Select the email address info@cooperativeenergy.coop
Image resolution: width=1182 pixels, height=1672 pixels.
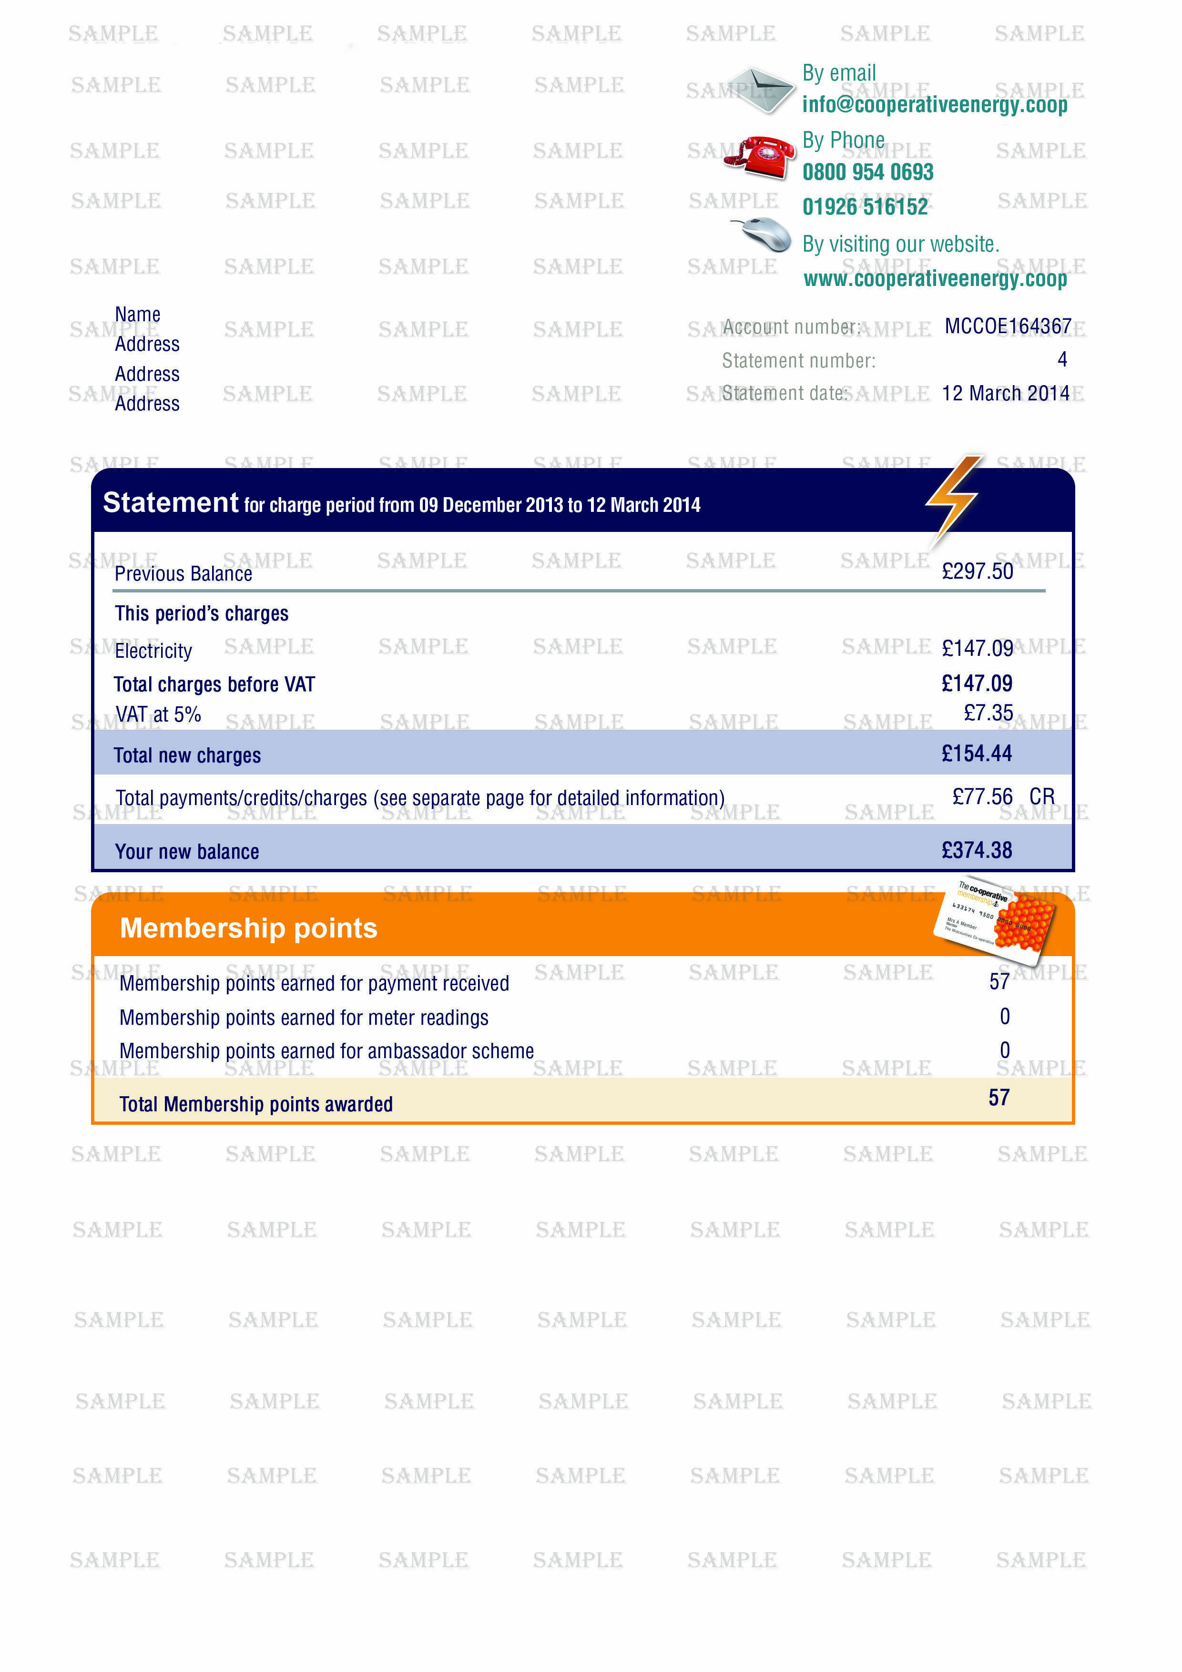(934, 105)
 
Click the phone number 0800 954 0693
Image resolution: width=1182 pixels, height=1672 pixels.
(867, 173)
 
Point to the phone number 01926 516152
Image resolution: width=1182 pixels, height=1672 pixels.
(865, 207)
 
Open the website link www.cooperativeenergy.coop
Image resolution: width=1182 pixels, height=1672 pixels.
(935, 279)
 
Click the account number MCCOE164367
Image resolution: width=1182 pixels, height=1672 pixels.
(1007, 326)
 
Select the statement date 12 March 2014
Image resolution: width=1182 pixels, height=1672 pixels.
(1005, 393)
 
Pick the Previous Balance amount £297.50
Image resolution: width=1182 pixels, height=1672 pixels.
(977, 571)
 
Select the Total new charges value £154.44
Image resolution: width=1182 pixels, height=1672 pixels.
(976, 754)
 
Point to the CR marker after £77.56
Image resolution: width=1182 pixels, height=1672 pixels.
(1041, 796)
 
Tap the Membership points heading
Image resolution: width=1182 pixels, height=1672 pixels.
(248, 928)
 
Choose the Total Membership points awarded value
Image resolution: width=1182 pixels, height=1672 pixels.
(999, 1098)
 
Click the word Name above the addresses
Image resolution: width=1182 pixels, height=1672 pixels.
(138, 315)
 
